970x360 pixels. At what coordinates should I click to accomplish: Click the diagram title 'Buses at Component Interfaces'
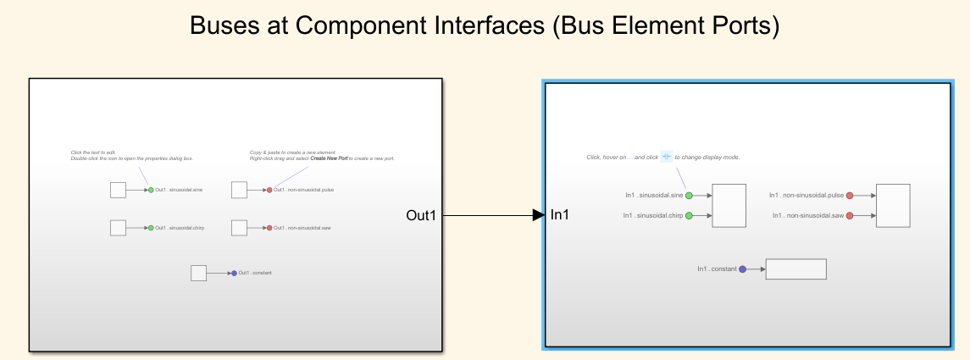tap(484, 26)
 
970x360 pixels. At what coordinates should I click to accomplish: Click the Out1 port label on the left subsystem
tap(421, 216)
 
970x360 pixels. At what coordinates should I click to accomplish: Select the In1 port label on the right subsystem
tap(560, 216)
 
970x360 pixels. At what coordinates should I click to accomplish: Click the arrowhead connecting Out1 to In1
tap(538, 216)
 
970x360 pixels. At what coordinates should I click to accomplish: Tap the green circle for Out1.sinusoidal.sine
tap(151, 190)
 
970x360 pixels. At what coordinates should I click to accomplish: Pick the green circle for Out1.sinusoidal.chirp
tap(151, 228)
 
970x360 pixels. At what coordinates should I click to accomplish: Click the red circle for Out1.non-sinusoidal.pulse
tap(269, 190)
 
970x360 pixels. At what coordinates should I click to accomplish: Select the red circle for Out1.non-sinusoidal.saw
tap(269, 228)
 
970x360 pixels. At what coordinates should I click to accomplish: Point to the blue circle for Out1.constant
tap(234, 273)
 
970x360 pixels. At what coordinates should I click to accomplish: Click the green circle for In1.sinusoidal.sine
tap(689, 196)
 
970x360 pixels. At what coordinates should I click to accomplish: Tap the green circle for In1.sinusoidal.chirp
tap(689, 216)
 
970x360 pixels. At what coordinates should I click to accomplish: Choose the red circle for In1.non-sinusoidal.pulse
tap(850, 196)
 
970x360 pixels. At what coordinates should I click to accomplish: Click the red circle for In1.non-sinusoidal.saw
tap(850, 216)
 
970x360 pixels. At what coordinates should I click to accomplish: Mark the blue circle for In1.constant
tap(742, 269)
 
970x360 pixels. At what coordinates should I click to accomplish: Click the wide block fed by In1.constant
tap(795, 269)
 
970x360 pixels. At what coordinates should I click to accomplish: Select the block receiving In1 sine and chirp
tap(729, 206)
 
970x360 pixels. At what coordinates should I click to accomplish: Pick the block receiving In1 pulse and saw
tap(893, 206)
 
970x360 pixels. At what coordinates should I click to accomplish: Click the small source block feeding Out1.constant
tap(198, 273)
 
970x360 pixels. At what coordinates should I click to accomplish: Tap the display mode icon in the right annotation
tap(667, 157)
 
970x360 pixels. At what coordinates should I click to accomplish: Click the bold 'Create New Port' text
tap(330, 158)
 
